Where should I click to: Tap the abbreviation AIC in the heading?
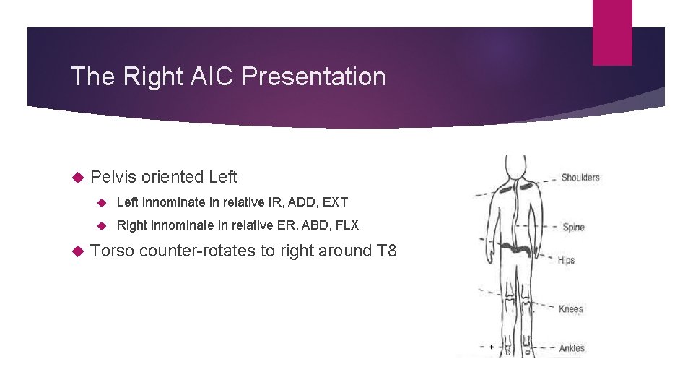coord(207,77)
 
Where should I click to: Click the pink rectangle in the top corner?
coord(611,32)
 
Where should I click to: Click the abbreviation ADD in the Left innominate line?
coord(297,202)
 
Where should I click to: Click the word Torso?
coord(113,251)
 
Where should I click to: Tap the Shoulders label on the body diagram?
coord(580,178)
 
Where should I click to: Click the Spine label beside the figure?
coord(573,227)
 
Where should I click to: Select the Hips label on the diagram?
coord(566,260)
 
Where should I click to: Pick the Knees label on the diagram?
coord(570,309)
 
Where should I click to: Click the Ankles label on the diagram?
coord(572,348)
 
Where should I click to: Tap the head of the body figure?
coord(515,165)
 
